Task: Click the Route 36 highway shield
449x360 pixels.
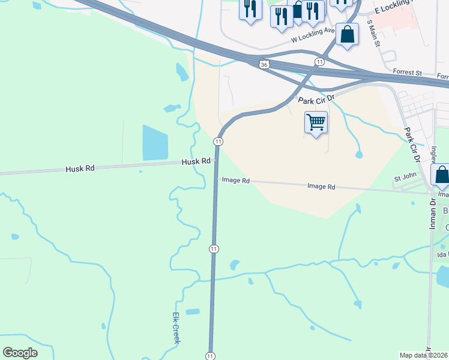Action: pyautogui.click(x=264, y=64)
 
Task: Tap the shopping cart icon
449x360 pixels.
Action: pyautogui.click(x=316, y=122)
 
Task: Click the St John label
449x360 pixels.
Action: pyautogui.click(x=405, y=178)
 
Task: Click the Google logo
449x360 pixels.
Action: pyautogui.click(x=20, y=352)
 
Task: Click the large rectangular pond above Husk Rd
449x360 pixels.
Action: pyautogui.click(x=155, y=143)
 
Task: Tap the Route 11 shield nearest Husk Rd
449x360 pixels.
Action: pyautogui.click(x=218, y=141)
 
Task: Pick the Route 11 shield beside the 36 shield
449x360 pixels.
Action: pyautogui.click(x=319, y=62)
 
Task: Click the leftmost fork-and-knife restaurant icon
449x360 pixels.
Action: pyautogui.click(x=250, y=8)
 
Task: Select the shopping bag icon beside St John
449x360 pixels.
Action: pyautogui.click(x=442, y=175)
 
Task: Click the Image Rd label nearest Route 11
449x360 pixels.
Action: pyautogui.click(x=235, y=179)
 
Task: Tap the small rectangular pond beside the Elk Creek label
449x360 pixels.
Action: pyautogui.click(x=192, y=312)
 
